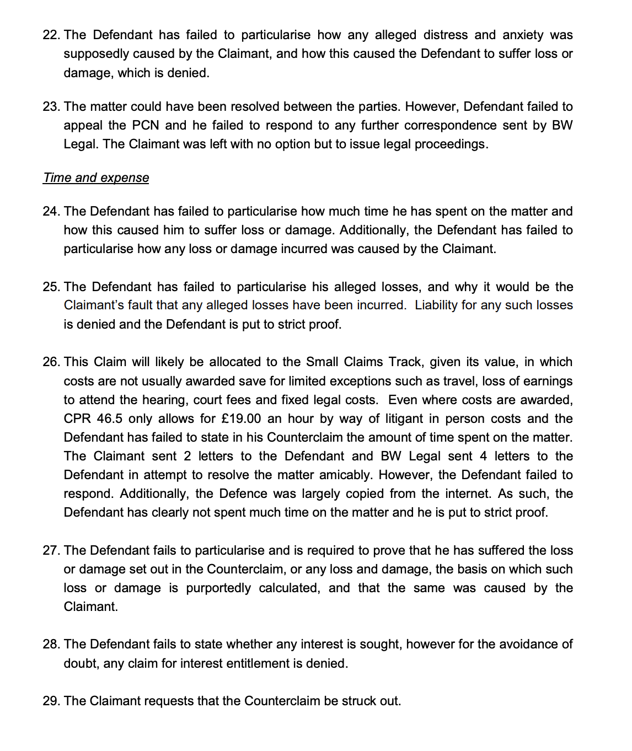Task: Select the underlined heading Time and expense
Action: pos(96,178)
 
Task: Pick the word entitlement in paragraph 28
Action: pos(253,664)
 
